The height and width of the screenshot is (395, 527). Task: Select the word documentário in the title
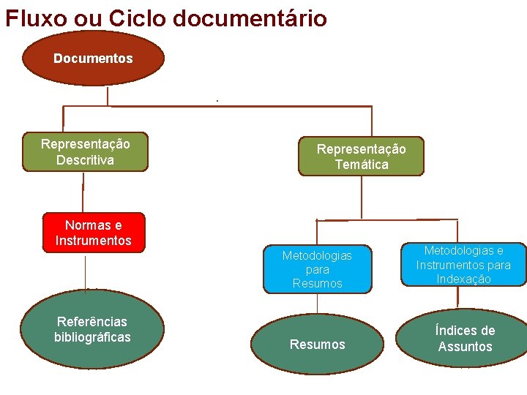tap(250, 17)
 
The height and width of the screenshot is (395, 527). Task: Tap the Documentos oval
tap(93, 58)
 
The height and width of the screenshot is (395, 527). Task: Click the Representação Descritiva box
tap(85, 152)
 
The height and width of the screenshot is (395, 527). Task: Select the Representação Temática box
tap(361, 157)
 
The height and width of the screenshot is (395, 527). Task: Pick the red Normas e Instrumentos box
tap(94, 233)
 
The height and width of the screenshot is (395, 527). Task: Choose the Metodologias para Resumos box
tap(317, 268)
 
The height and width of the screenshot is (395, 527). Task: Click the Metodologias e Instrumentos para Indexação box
tap(463, 264)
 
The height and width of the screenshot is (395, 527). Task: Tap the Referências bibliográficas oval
tap(93, 329)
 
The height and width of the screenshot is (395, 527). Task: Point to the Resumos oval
tap(317, 345)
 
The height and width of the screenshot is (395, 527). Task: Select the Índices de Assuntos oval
tap(464, 338)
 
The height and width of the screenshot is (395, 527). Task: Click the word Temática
tap(362, 165)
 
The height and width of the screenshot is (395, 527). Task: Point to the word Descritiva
tap(85, 159)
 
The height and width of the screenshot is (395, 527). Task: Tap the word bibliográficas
tap(92, 337)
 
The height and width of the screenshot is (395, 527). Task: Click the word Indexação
tap(463, 279)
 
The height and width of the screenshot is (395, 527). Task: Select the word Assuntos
tap(465, 347)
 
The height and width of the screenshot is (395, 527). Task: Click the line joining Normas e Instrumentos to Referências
tap(86, 272)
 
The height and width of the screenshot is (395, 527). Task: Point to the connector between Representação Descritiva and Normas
tap(83, 192)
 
